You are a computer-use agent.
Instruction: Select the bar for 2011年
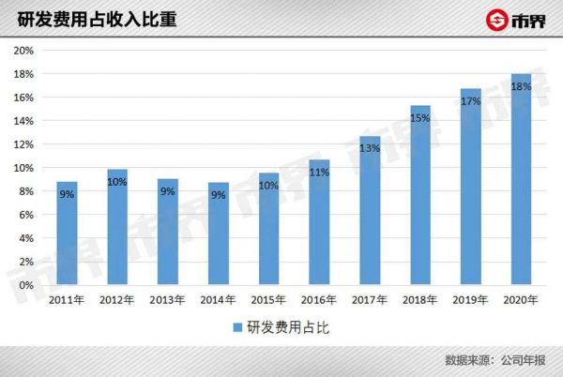tap(67, 234)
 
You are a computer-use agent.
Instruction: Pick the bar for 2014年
tap(218, 234)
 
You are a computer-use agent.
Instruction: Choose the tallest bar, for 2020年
tap(522, 179)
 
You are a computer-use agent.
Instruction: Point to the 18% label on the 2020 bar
tap(522, 86)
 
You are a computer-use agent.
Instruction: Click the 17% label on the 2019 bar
tap(471, 101)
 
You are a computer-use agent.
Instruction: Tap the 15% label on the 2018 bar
tap(420, 118)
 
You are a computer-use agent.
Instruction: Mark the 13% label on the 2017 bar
tap(370, 148)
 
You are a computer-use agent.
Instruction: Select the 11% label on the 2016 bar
tap(319, 172)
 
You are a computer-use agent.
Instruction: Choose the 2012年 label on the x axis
tap(117, 300)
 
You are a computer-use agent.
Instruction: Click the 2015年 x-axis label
tap(268, 300)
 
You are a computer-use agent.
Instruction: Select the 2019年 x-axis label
tap(471, 300)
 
